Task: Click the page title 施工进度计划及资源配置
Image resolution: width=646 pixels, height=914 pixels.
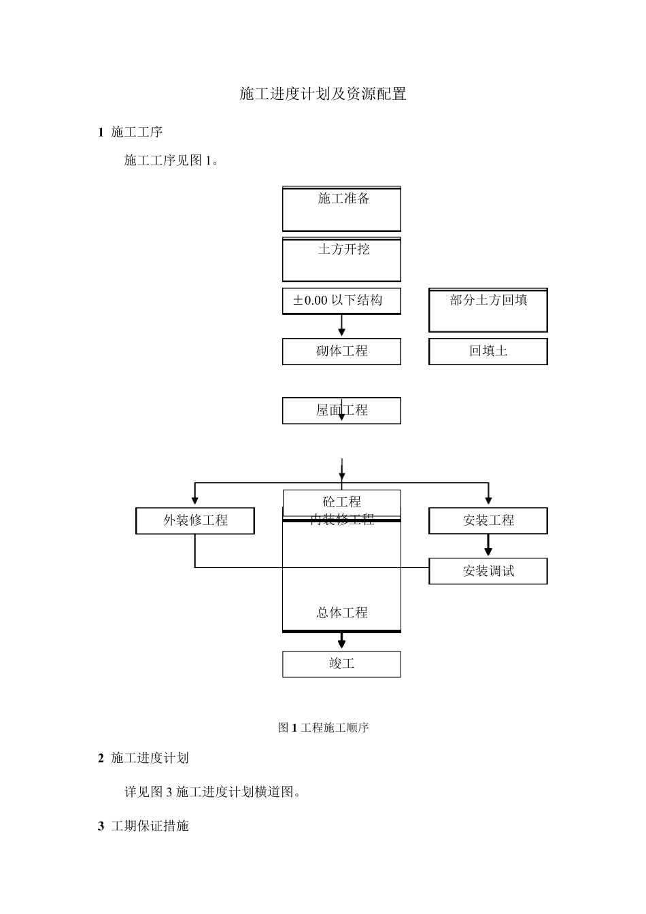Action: [323, 94]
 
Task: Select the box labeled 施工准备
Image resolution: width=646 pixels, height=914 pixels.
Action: [341, 209]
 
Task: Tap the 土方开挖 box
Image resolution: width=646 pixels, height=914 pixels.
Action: [341, 259]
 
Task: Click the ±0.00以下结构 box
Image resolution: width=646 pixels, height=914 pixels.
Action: [341, 301]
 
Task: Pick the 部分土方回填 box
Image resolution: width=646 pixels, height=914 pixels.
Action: [488, 309]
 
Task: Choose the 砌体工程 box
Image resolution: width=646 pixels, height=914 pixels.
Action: [341, 352]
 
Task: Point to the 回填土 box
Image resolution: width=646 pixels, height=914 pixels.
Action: [488, 352]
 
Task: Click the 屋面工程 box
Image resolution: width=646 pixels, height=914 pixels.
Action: [341, 411]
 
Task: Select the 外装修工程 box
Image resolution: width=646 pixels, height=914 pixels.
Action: [195, 521]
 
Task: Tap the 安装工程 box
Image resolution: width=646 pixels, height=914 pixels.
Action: [488, 521]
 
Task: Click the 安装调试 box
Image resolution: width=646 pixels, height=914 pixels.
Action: [488, 571]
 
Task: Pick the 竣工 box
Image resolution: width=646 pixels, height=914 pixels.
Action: [341, 664]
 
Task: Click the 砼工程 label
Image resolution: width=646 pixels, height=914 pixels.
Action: [341, 502]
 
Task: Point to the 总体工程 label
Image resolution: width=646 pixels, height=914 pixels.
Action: [341, 613]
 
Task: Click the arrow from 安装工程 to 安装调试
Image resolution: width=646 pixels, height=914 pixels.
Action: [488, 545]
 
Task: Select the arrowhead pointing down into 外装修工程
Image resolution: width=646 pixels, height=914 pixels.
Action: [195, 500]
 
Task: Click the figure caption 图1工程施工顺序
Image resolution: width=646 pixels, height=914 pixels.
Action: [323, 728]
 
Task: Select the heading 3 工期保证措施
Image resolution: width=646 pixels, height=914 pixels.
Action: [143, 826]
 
